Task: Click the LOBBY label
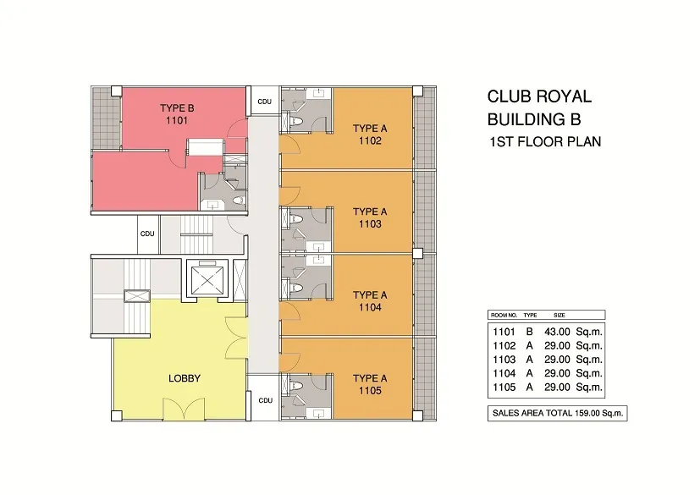tap(185, 378)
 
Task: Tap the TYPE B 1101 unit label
tap(177, 114)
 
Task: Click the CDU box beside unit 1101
tap(264, 102)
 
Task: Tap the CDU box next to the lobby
tap(265, 400)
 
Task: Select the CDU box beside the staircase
tap(147, 234)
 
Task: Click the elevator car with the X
tap(207, 281)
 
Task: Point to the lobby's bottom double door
tap(184, 409)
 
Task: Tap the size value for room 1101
tap(557, 332)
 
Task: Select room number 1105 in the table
tap(504, 388)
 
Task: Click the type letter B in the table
tap(530, 332)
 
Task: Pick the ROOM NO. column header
tap(504, 315)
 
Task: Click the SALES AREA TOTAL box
tap(558, 413)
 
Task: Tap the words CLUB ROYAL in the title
tap(539, 96)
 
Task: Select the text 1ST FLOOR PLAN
tap(545, 142)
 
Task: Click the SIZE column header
tap(559, 315)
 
